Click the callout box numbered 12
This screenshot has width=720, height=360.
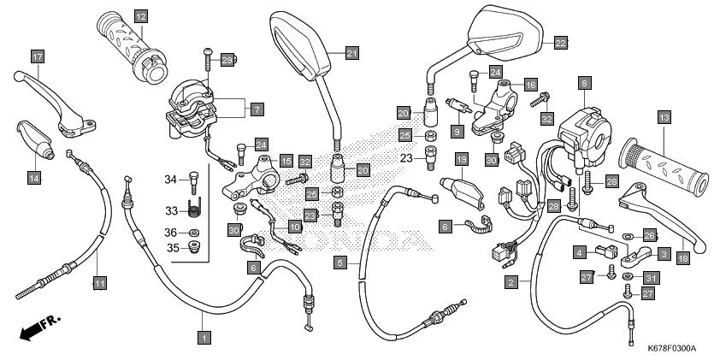click(x=140, y=16)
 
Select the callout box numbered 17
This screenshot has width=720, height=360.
click(x=38, y=57)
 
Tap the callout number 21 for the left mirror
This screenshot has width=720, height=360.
click(x=352, y=53)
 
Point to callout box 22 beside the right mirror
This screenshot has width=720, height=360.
click(x=560, y=41)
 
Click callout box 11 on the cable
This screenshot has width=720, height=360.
click(x=99, y=282)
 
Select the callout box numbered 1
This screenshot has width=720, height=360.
click(x=203, y=338)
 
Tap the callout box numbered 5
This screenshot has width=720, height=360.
click(x=340, y=263)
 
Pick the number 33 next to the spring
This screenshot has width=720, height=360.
click(x=170, y=211)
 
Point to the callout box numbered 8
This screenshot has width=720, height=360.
click(x=584, y=83)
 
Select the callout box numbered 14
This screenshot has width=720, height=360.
click(x=33, y=178)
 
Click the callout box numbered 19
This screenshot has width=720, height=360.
click(x=461, y=159)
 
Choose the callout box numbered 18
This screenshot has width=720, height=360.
click(x=682, y=256)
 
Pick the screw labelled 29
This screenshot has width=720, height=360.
click(x=208, y=59)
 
